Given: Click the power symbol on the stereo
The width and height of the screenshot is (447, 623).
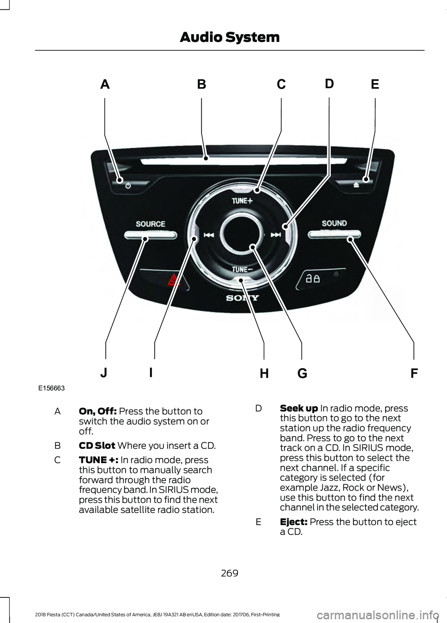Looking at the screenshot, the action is (x=128, y=185).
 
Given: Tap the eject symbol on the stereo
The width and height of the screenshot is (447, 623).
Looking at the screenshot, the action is (x=356, y=185).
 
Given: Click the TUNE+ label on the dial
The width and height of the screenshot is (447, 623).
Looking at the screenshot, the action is (x=242, y=200).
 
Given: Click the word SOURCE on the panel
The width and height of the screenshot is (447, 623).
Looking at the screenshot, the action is (x=150, y=224).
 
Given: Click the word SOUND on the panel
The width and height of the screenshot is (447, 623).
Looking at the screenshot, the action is (x=334, y=223).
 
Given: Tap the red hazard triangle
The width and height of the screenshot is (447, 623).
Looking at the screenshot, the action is (x=174, y=280).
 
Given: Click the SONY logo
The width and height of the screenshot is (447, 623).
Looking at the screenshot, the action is (x=243, y=298).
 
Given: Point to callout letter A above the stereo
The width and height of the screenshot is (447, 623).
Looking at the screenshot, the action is (x=105, y=84).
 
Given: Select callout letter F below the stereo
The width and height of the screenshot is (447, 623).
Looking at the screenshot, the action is (x=414, y=373).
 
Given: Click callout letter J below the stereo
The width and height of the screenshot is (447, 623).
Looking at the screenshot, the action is (x=104, y=373).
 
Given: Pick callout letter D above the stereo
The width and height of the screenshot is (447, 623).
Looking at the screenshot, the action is (x=329, y=83).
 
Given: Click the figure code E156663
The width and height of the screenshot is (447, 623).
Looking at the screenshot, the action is (x=51, y=388).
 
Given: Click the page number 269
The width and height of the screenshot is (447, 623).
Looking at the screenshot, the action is (x=230, y=573).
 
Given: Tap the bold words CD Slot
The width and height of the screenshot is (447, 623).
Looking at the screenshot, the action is (x=97, y=445).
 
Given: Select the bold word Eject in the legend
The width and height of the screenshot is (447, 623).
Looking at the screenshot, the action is (x=293, y=522).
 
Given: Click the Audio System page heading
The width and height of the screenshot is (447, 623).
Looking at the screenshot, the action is (x=230, y=37).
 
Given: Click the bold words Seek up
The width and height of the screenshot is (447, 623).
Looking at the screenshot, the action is (x=299, y=409).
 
